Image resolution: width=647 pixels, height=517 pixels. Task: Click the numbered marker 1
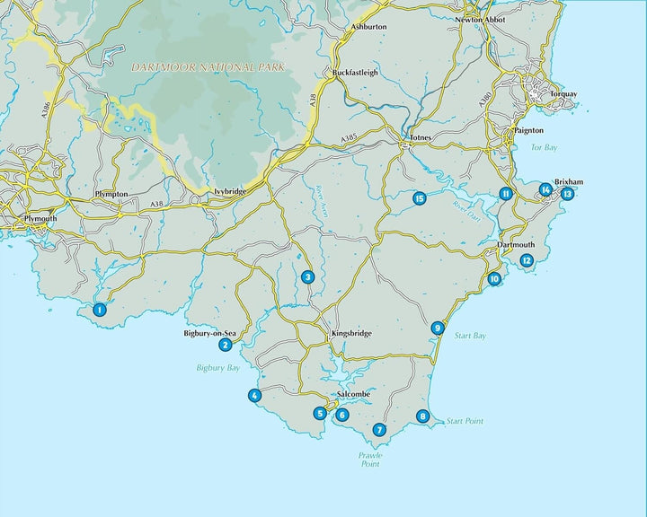[100, 310]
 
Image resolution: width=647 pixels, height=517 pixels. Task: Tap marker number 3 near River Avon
[307, 277]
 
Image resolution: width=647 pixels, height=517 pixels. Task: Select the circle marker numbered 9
[437, 329]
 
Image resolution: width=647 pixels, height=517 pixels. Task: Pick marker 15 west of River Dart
[419, 198]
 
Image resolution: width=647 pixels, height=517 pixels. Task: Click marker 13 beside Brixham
[567, 193]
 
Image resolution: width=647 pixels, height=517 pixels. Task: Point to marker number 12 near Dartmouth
[527, 260]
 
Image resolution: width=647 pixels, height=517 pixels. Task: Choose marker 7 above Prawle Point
[379, 430]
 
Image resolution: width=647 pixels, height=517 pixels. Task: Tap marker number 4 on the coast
[255, 396]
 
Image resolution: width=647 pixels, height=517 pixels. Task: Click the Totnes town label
[421, 137]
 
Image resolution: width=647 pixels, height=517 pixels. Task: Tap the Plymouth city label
[40, 218]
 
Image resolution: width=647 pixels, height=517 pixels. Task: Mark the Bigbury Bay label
[215, 368]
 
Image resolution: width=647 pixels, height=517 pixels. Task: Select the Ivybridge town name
[229, 191]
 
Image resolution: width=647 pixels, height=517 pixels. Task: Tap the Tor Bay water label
[545, 146]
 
